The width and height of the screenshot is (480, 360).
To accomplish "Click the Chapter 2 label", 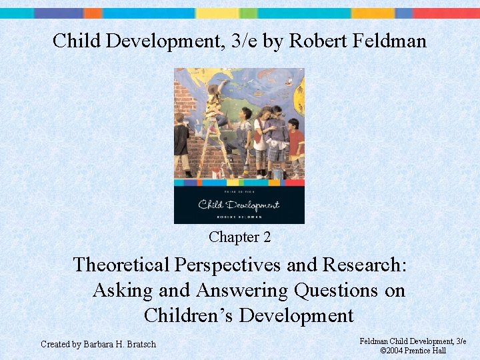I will [x=239, y=237].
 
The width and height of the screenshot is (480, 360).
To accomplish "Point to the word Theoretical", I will [x=121, y=265].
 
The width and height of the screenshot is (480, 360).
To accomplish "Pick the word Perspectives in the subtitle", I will [x=228, y=265].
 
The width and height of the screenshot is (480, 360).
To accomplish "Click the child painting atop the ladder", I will [x=215, y=103].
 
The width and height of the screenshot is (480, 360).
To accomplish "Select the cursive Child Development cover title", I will [x=239, y=204].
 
